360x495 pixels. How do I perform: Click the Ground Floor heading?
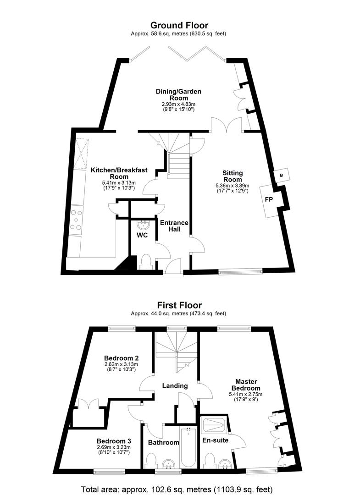179,25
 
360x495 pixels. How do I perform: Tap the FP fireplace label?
269,199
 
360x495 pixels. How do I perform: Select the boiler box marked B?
282,175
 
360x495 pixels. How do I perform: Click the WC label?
142,235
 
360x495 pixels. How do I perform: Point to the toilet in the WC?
146,262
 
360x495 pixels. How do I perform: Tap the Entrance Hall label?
174,226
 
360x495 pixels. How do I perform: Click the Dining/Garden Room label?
178,95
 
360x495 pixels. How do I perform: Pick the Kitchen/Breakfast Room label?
119,173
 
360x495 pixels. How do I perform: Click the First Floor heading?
179,305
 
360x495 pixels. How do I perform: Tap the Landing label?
175,385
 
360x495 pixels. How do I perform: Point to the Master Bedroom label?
246,385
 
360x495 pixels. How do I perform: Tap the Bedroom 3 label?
114,441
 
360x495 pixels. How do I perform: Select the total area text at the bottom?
177,489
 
